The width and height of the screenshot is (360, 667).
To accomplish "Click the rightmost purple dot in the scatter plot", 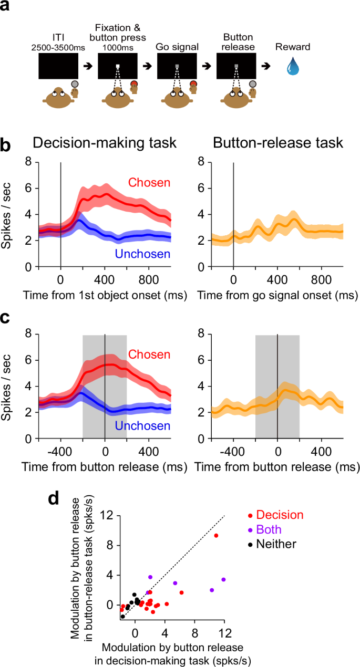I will point(223,579).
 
